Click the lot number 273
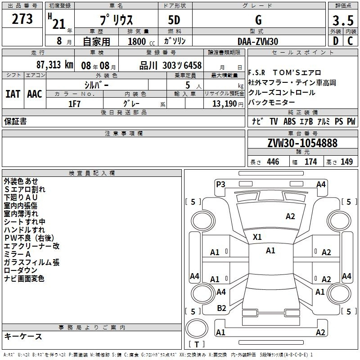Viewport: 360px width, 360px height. click(22, 19)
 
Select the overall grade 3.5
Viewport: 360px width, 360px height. click(343, 20)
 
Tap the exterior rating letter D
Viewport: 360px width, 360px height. click(336, 41)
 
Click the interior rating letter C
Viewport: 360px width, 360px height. click(350, 41)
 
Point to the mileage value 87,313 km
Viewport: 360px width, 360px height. click(55, 65)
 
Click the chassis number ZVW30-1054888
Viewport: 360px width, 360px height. click(302, 143)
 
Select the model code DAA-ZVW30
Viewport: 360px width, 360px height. click(258, 41)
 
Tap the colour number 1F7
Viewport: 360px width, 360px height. click(74, 104)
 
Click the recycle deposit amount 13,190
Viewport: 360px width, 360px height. click(225, 104)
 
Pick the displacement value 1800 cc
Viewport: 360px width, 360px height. click(141, 41)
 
